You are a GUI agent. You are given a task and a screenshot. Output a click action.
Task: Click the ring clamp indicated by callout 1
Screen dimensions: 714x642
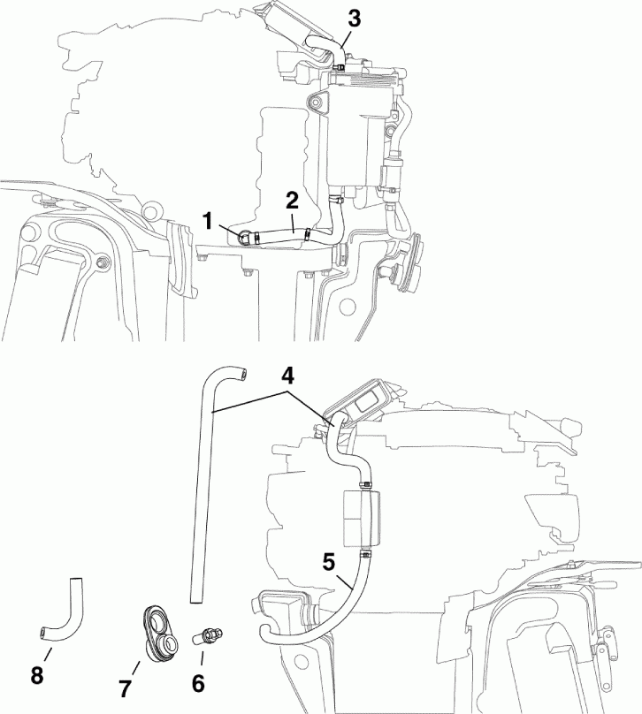click(x=245, y=234)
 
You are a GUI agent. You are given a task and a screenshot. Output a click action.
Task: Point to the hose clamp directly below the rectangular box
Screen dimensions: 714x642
click(x=364, y=554)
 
